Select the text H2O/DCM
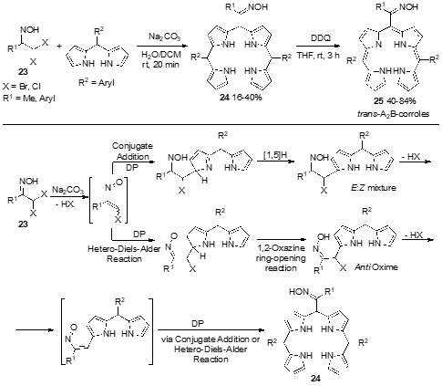(x=161, y=55)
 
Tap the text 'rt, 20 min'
(x=160, y=65)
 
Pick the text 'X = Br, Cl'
(x=22, y=87)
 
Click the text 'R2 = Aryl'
(x=97, y=82)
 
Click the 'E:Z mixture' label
(x=378, y=187)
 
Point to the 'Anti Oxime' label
(x=376, y=267)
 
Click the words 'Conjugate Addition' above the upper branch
(x=132, y=151)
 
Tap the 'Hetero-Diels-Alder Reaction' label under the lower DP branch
(x=124, y=254)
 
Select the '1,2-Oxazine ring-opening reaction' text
(x=281, y=258)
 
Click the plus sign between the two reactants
(x=59, y=47)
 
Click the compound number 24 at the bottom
(x=315, y=379)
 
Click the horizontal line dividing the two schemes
(x=221, y=124)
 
